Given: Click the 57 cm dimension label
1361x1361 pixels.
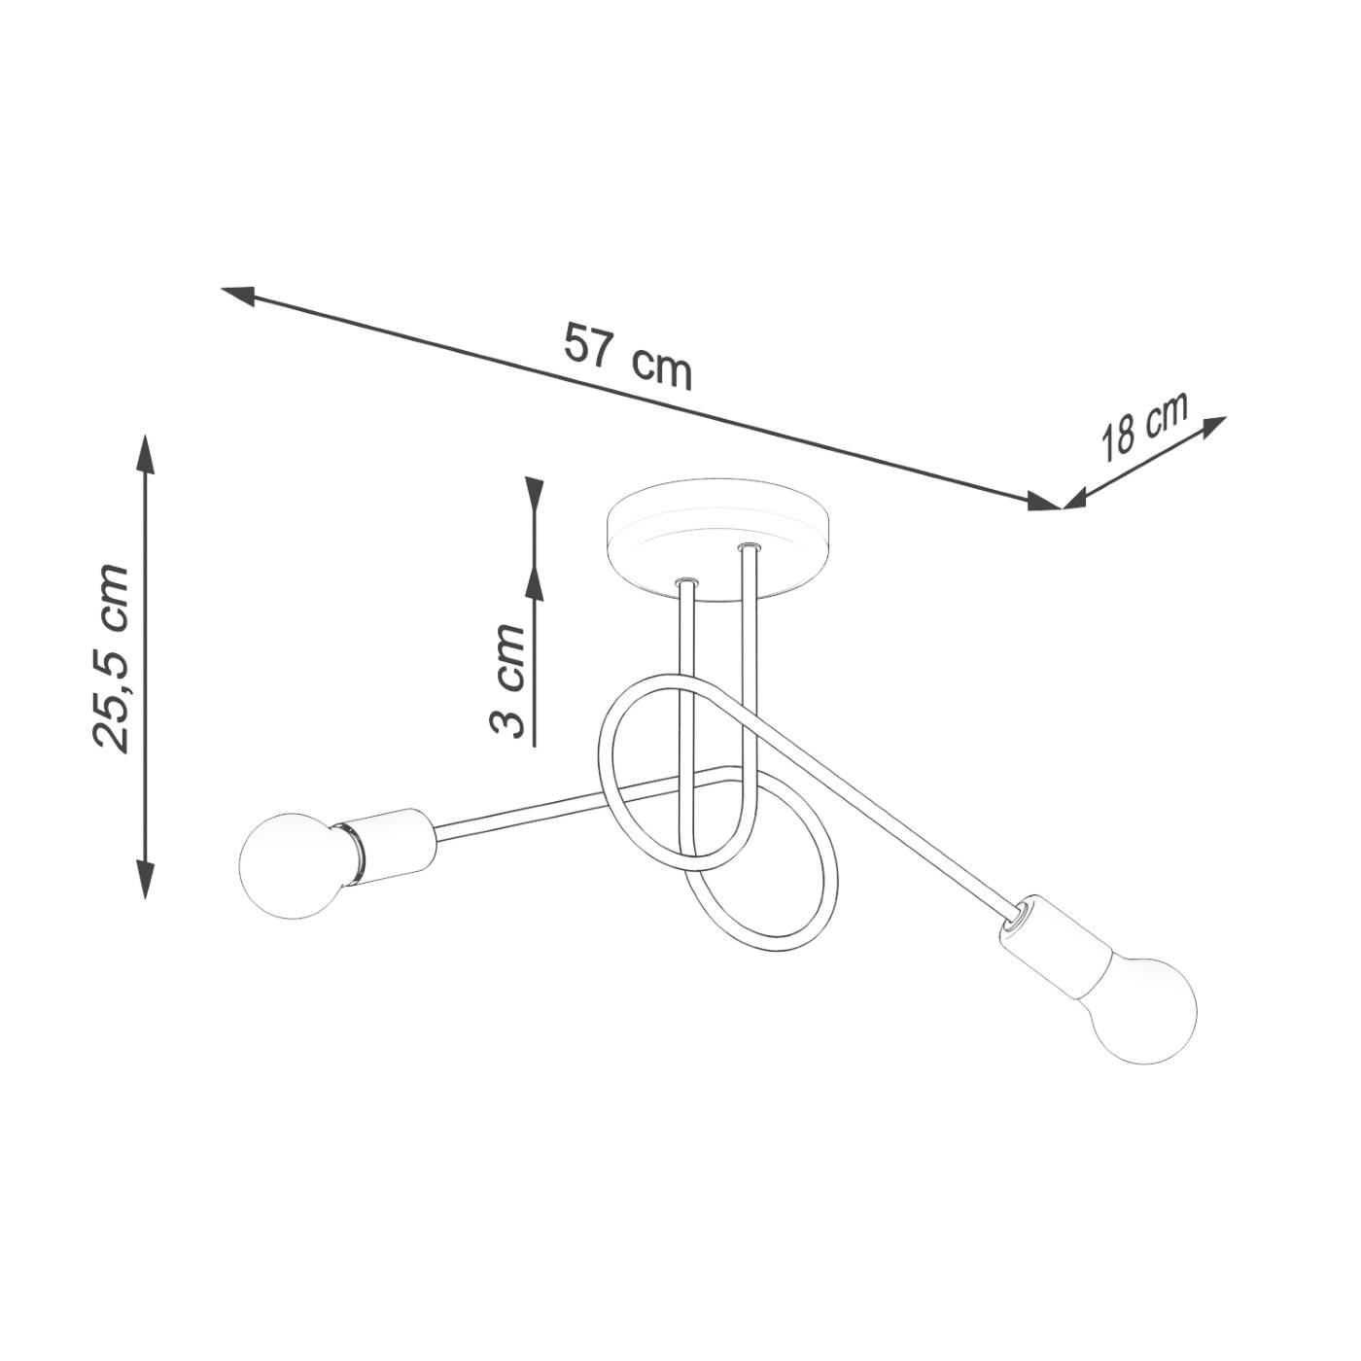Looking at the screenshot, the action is point(627,357).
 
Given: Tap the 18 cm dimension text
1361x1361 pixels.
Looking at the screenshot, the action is point(1143,427).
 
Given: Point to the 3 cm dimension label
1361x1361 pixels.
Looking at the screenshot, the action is point(507,680).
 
